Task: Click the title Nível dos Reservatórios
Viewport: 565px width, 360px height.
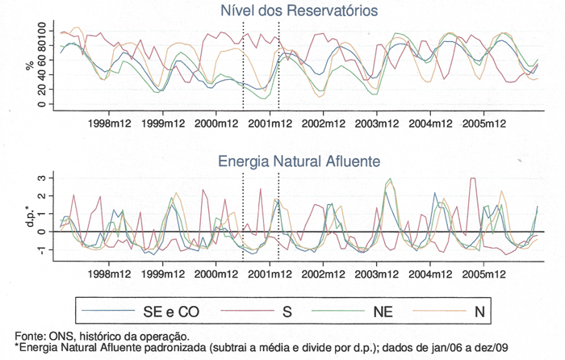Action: [299, 10]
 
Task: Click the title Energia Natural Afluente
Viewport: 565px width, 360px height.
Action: [299, 161]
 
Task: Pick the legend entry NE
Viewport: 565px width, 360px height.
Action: [383, 310]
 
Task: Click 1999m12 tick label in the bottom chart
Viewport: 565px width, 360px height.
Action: [164, 274]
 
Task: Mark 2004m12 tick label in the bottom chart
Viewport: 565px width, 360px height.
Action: [430, 274]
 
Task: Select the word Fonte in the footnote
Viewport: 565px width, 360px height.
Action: [30, 336]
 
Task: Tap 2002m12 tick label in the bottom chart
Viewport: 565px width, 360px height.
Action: [324, 274]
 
